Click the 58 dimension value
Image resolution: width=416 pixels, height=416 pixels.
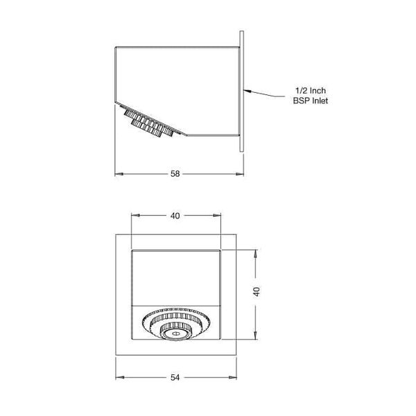[177, 173]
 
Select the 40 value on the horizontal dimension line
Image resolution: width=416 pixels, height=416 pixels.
[175, 216]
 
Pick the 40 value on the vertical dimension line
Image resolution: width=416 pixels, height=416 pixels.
[257, 292]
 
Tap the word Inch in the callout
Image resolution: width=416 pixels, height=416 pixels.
[318, 91]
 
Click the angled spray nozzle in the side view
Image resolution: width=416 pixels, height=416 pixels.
[148, 123]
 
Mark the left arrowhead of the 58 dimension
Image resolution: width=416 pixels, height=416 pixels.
[117, 173]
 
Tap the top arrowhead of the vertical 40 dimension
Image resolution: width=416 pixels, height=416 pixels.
[257, 252]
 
